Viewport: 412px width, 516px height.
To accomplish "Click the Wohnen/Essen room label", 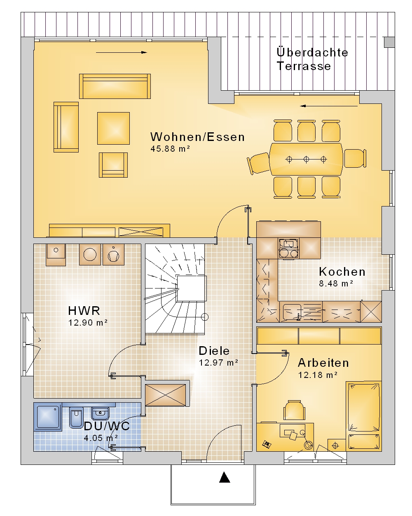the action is (x=197, y=137).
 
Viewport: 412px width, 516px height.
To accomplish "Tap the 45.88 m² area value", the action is (x=170, y=149).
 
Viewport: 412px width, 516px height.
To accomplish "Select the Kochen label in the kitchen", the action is (x=342, y=272).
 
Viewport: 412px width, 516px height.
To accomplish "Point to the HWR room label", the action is (x=84, y=310).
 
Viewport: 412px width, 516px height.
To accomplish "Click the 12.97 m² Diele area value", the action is (x=218, y=362).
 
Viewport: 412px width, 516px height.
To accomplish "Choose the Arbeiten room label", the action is (x=323, y=363).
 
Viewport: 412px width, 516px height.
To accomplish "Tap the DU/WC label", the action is (x=107, y=426).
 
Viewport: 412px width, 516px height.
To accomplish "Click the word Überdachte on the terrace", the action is (x=312, y=52).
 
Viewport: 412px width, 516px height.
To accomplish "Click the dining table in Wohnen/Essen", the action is (x=306, y=159).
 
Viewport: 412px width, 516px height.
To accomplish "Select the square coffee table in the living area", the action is (x=113, y=128).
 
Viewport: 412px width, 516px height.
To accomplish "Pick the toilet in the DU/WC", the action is (x=76, y=418).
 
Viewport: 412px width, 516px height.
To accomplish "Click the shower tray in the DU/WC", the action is (x=48, y=417).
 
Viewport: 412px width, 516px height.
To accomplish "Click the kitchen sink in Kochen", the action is (x=292, y=312).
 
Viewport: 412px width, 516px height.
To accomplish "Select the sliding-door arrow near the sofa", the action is (x=121, y=52).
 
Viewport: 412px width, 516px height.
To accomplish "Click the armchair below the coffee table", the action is (x=113, y=165).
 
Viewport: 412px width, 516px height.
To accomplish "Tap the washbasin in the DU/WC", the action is (x=100, y=413).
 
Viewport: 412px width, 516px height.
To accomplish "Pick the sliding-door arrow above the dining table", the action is (x=329, y=106).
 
